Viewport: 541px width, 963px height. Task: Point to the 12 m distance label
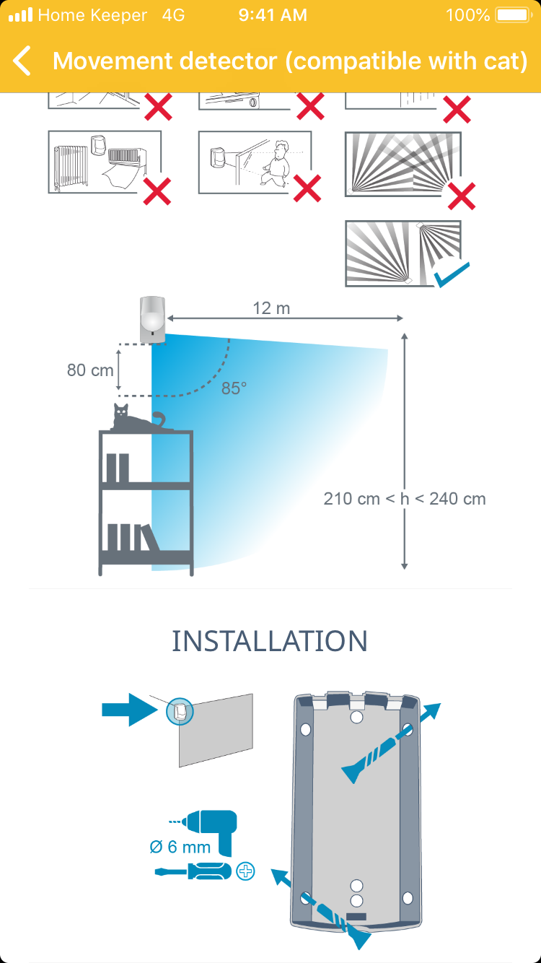(x=271, y=308)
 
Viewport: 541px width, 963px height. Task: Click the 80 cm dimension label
(x=90, y=370)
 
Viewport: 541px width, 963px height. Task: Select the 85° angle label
(x=234, y=388)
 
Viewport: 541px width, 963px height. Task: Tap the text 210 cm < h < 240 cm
(x=405, y=499)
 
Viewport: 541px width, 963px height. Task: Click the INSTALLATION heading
(x=270, y=641)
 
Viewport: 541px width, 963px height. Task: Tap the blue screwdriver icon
(x=193, y=871)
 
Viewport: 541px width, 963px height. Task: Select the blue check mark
(x=451, y=274)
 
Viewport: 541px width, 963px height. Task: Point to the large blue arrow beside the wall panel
(x=129, y=710)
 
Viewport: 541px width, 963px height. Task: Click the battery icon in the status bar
(x=513, y=15)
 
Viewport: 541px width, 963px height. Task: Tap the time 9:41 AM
(x=272, y=15)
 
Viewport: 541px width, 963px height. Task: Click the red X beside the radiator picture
(x=157, y=191)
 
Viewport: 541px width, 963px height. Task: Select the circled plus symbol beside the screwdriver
(x=246, y=871)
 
